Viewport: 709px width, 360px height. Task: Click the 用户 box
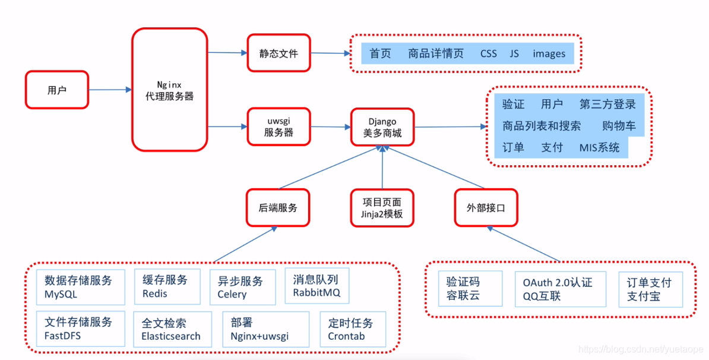pos(57,90)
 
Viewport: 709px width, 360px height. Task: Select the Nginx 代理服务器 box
pos(170,90)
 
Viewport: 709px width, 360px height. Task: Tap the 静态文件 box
pos(278,53)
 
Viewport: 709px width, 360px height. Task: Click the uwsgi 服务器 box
pos(278,127)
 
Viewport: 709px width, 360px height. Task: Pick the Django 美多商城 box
pos(382,127)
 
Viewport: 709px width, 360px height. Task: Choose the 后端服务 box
pos(278,208)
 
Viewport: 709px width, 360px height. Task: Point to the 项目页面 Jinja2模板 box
pos(382,208)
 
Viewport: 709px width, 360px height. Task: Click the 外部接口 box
pos(486,208)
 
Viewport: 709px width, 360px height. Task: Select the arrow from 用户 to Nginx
pos(110,90)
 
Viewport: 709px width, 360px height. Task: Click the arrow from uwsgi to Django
pos(330,127)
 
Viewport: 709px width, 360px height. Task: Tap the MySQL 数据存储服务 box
pos(81,286)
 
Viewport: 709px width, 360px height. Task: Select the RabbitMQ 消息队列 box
pos(316,286)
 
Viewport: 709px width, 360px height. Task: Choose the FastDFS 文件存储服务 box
pos(81,329)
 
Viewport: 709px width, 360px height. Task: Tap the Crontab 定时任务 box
pos(353,329)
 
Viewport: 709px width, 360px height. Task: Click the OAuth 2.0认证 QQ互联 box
pos(558,289)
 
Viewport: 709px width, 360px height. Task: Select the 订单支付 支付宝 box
pos(650,289)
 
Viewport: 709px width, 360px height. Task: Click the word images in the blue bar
pos(549,53)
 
